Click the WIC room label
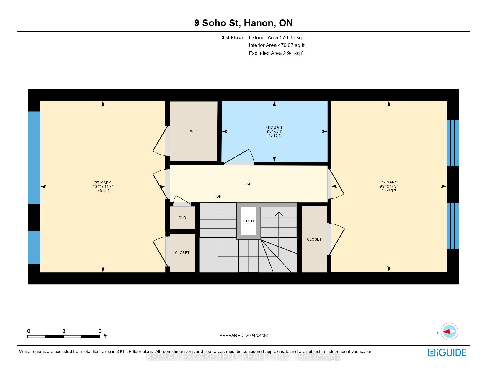[x=193, y=131]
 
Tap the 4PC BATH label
[x=274, y=127]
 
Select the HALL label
[x=248, y=184]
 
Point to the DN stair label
[x=219, y=196]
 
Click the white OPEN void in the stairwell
[x=249, y=221]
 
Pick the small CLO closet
[x=182, y=218]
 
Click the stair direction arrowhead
[x=279, y=214]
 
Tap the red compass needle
[x=447, y=331]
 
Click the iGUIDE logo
[x=447, y=352]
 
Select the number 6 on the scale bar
[x=100, y=331]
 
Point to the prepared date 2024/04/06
[x=256, y=336]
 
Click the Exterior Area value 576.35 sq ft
[x=293, y=38]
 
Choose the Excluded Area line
[x=276, y=53]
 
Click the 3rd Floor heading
[x=232, y=38]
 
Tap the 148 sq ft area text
[x=103, y=191]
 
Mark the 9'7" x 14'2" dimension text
[x=389, y=186]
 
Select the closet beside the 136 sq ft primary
[x=314, y=239]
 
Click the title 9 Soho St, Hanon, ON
[x=243, y=23]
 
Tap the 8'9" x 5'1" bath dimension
[x=274, y=132]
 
